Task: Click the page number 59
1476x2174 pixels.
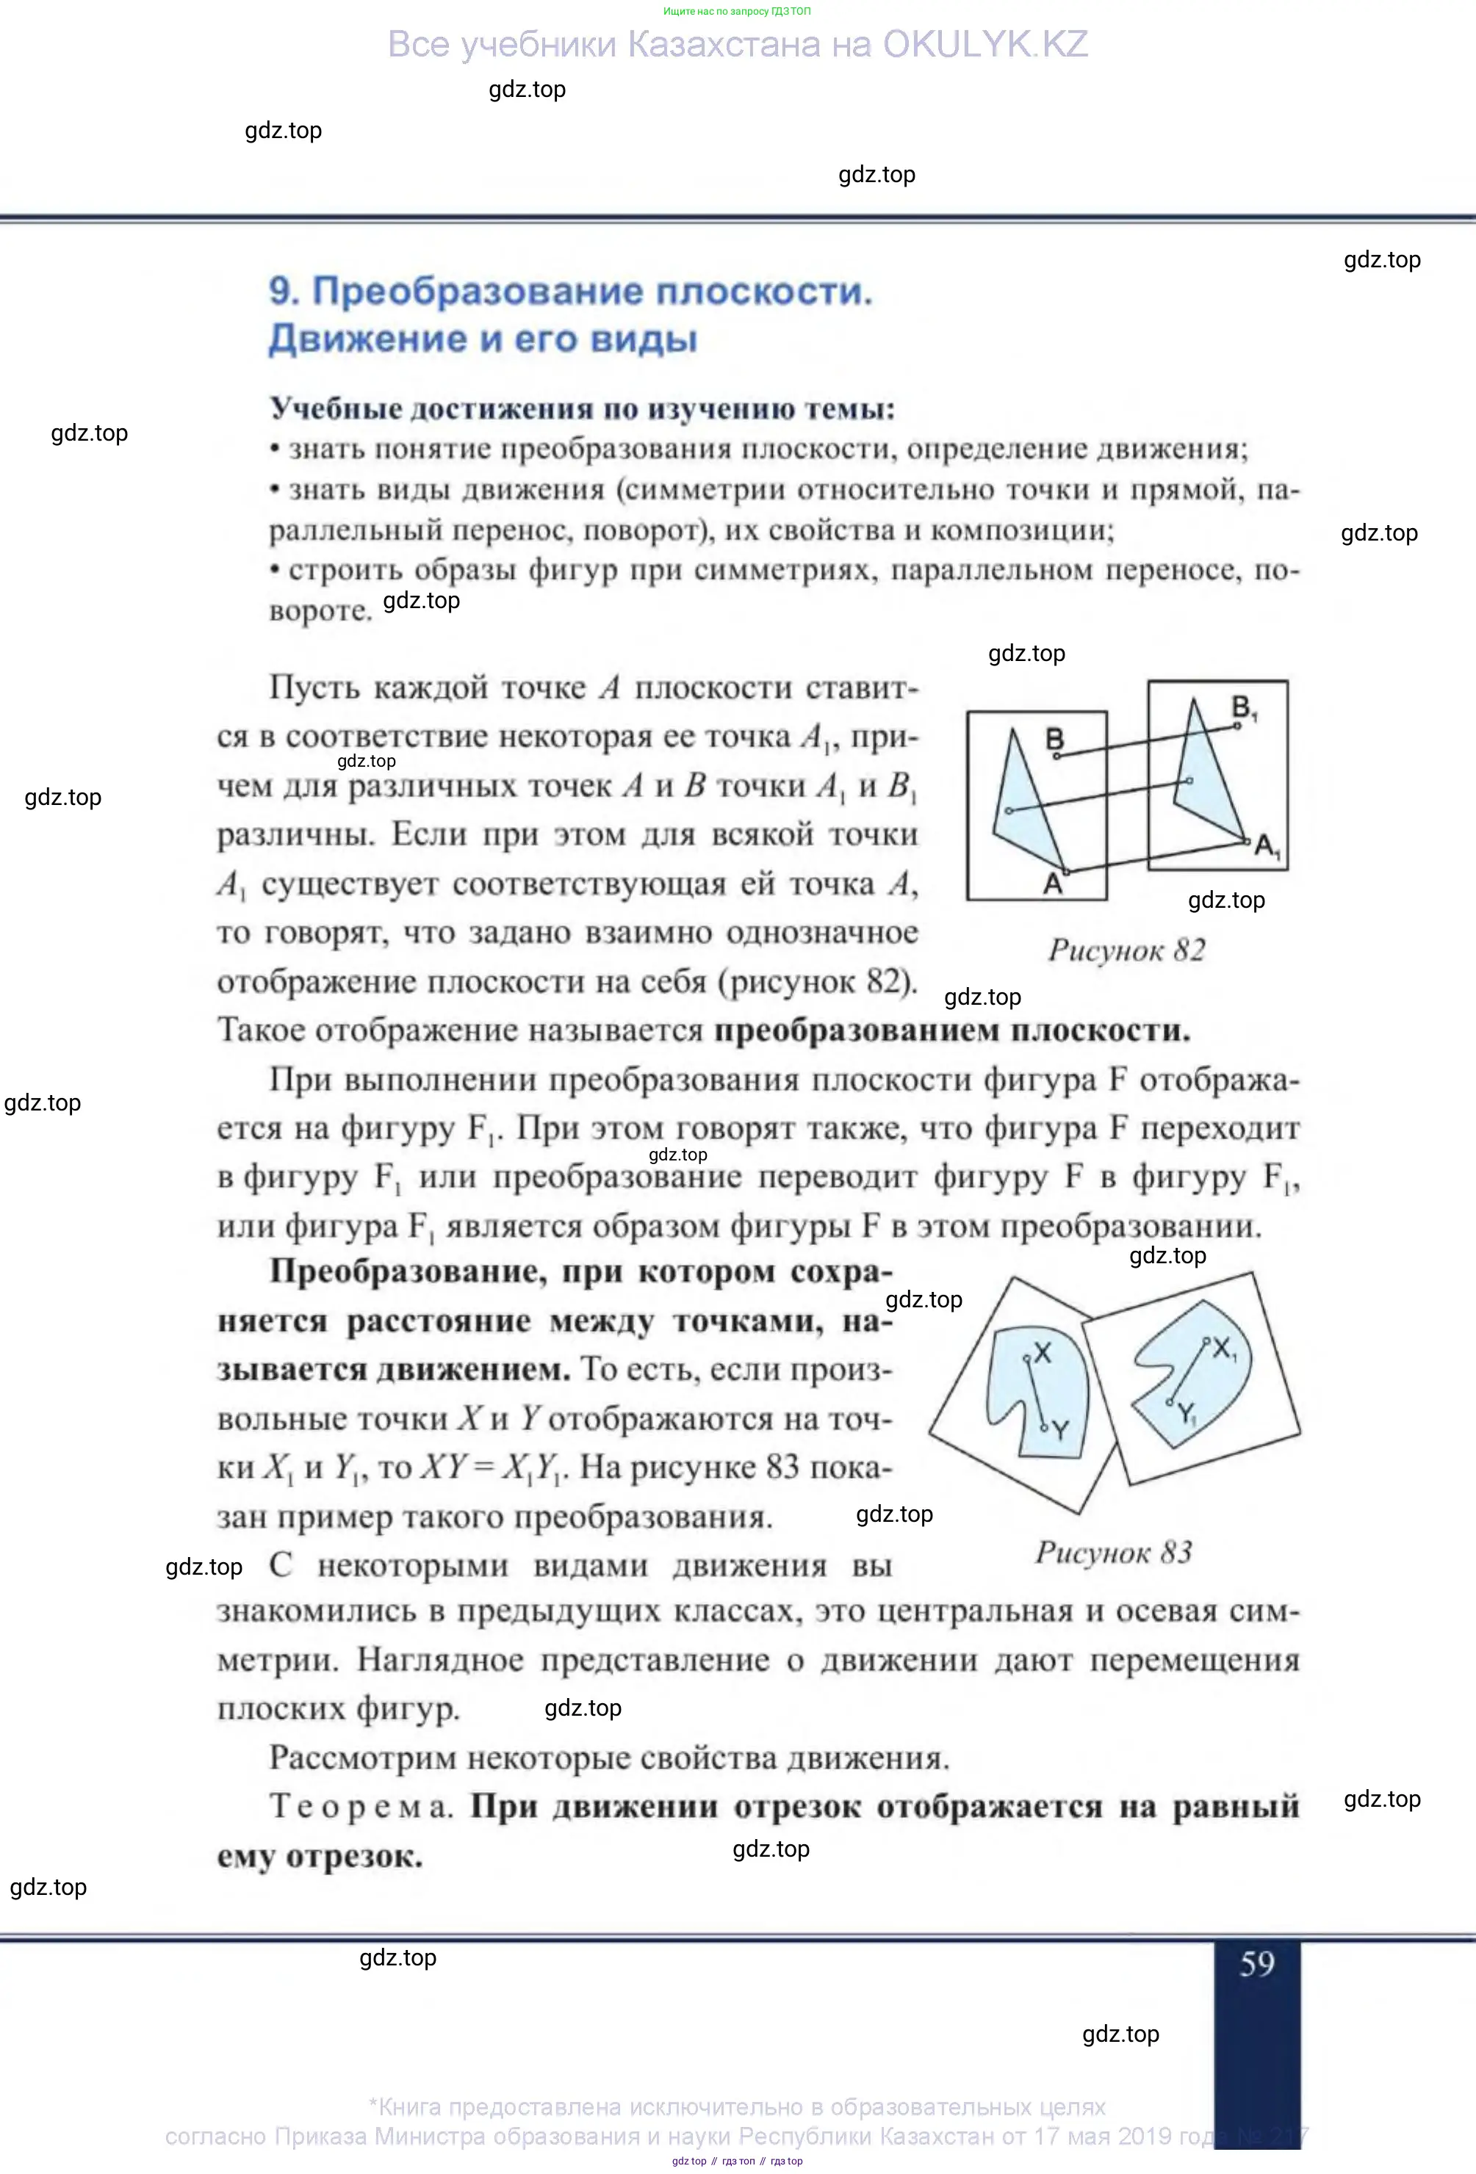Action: pos(1256,1962)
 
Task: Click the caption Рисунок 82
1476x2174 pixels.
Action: pos(1126,950)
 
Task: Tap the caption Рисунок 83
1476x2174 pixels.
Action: pos(1113,1553)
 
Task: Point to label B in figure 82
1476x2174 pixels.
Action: pos(1055,739)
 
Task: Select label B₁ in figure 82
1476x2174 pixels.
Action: pos(1243,707)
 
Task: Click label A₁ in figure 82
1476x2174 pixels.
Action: pos(1267,848)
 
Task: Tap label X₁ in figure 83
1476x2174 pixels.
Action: pos(1224,1349)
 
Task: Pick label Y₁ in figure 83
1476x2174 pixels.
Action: pos(1187,1414)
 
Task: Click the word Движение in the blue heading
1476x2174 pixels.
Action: pos(367,339)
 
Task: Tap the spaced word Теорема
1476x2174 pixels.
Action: pos(360,1805)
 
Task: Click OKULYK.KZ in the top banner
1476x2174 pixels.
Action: pos(984,44)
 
